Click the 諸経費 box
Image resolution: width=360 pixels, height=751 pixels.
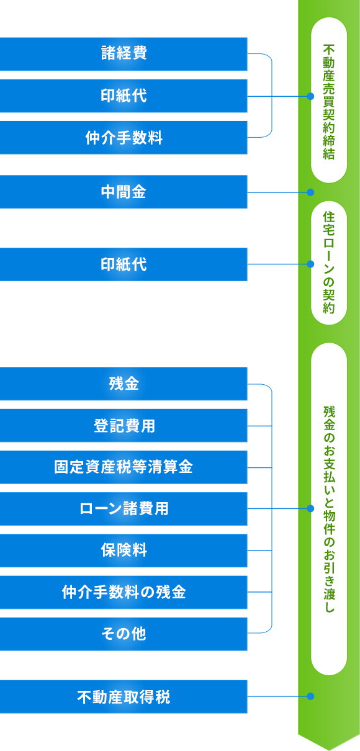(124, 54)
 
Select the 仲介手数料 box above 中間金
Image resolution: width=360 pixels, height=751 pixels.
(124, 137)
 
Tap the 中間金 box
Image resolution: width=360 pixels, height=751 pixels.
(124, 192)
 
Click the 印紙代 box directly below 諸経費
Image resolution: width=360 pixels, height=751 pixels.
(124, 96)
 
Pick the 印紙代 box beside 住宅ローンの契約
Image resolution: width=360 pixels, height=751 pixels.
(124, 264)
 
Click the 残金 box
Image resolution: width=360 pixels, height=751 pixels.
(124, 384)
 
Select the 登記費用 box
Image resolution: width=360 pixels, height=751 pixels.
(124, 425)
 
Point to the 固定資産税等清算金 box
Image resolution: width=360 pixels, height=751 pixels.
(124, 467)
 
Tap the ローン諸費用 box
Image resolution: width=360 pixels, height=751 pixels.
(124, 508)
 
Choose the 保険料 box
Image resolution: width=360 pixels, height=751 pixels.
(124, 551)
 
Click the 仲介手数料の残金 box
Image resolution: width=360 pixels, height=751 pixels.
(124, 592)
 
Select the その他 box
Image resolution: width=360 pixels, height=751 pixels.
(124, 634)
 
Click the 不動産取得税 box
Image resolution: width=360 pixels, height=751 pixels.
(124, 696)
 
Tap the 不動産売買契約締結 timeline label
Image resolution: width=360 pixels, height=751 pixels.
(329, 101)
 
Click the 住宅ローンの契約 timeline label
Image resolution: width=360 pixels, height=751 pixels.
(329, 263)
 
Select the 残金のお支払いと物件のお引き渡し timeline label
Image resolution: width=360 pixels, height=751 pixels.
(329, 509)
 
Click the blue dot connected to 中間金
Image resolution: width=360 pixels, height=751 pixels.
(310, 192)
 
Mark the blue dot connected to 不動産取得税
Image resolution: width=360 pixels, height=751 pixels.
(310, 696)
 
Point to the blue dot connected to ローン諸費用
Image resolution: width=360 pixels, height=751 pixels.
(310, 508)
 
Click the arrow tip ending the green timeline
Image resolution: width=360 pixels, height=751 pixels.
(329, 750)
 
